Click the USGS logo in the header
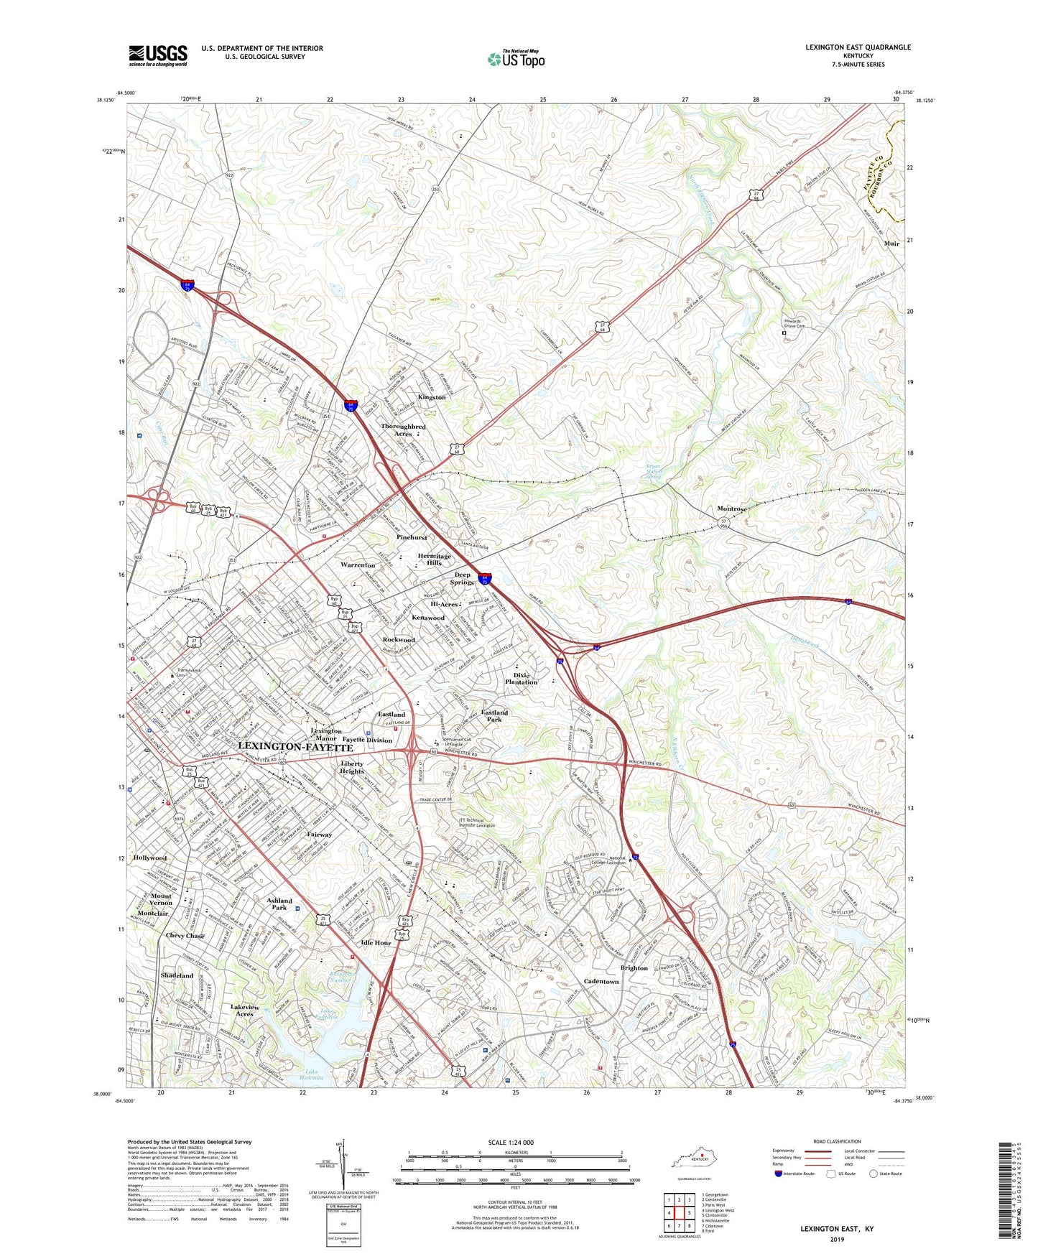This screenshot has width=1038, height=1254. pyautogui.click(x=158, y=55)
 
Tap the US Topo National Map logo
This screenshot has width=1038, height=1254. pyautogui.click(x=516, y=58)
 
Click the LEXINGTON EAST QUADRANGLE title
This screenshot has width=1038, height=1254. pyautogui.click(x=858, y=47)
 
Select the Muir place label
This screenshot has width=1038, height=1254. pyautogui.click(x=891, y=243)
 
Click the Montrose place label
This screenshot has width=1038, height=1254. pyautogui.click(x=732, y=508)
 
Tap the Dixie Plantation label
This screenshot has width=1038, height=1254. pyautogui.click(x=521, y=679)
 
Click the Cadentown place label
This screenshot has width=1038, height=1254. pyautogui.click(x=601, y=981)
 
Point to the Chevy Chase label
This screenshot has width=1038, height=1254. pyautogui.click(x=185, y=936)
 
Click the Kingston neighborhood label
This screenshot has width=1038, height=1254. pyautogui.click(x=432, y=397)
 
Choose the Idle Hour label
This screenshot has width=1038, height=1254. pyautogui.click(x=376, y=942)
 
